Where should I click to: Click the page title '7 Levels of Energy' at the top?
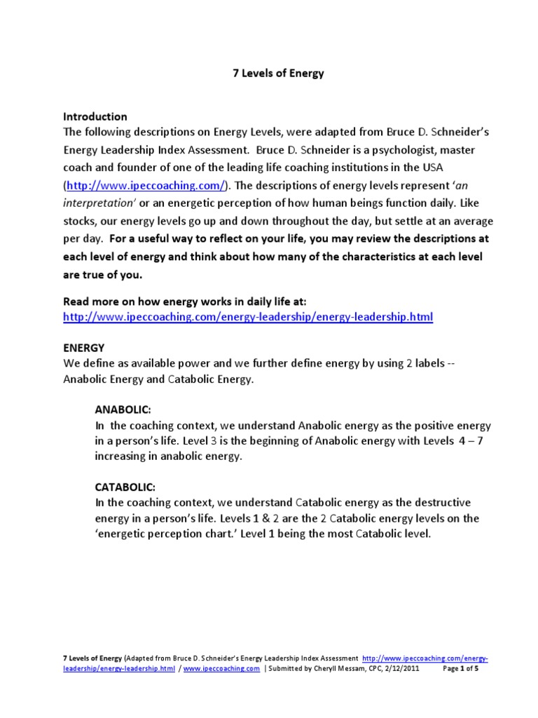(x=278, y=74)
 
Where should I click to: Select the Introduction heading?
(x=95, y=116)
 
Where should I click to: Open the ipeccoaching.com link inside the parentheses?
(x=146, y=185)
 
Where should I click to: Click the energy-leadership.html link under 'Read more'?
(x=248, y=317)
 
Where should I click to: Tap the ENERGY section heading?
(x=84, y=347)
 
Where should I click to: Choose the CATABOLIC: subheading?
(x=125, y=486)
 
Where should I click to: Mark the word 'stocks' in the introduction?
(x=80, y=221)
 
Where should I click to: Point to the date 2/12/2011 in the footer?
(x=416, y=669)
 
